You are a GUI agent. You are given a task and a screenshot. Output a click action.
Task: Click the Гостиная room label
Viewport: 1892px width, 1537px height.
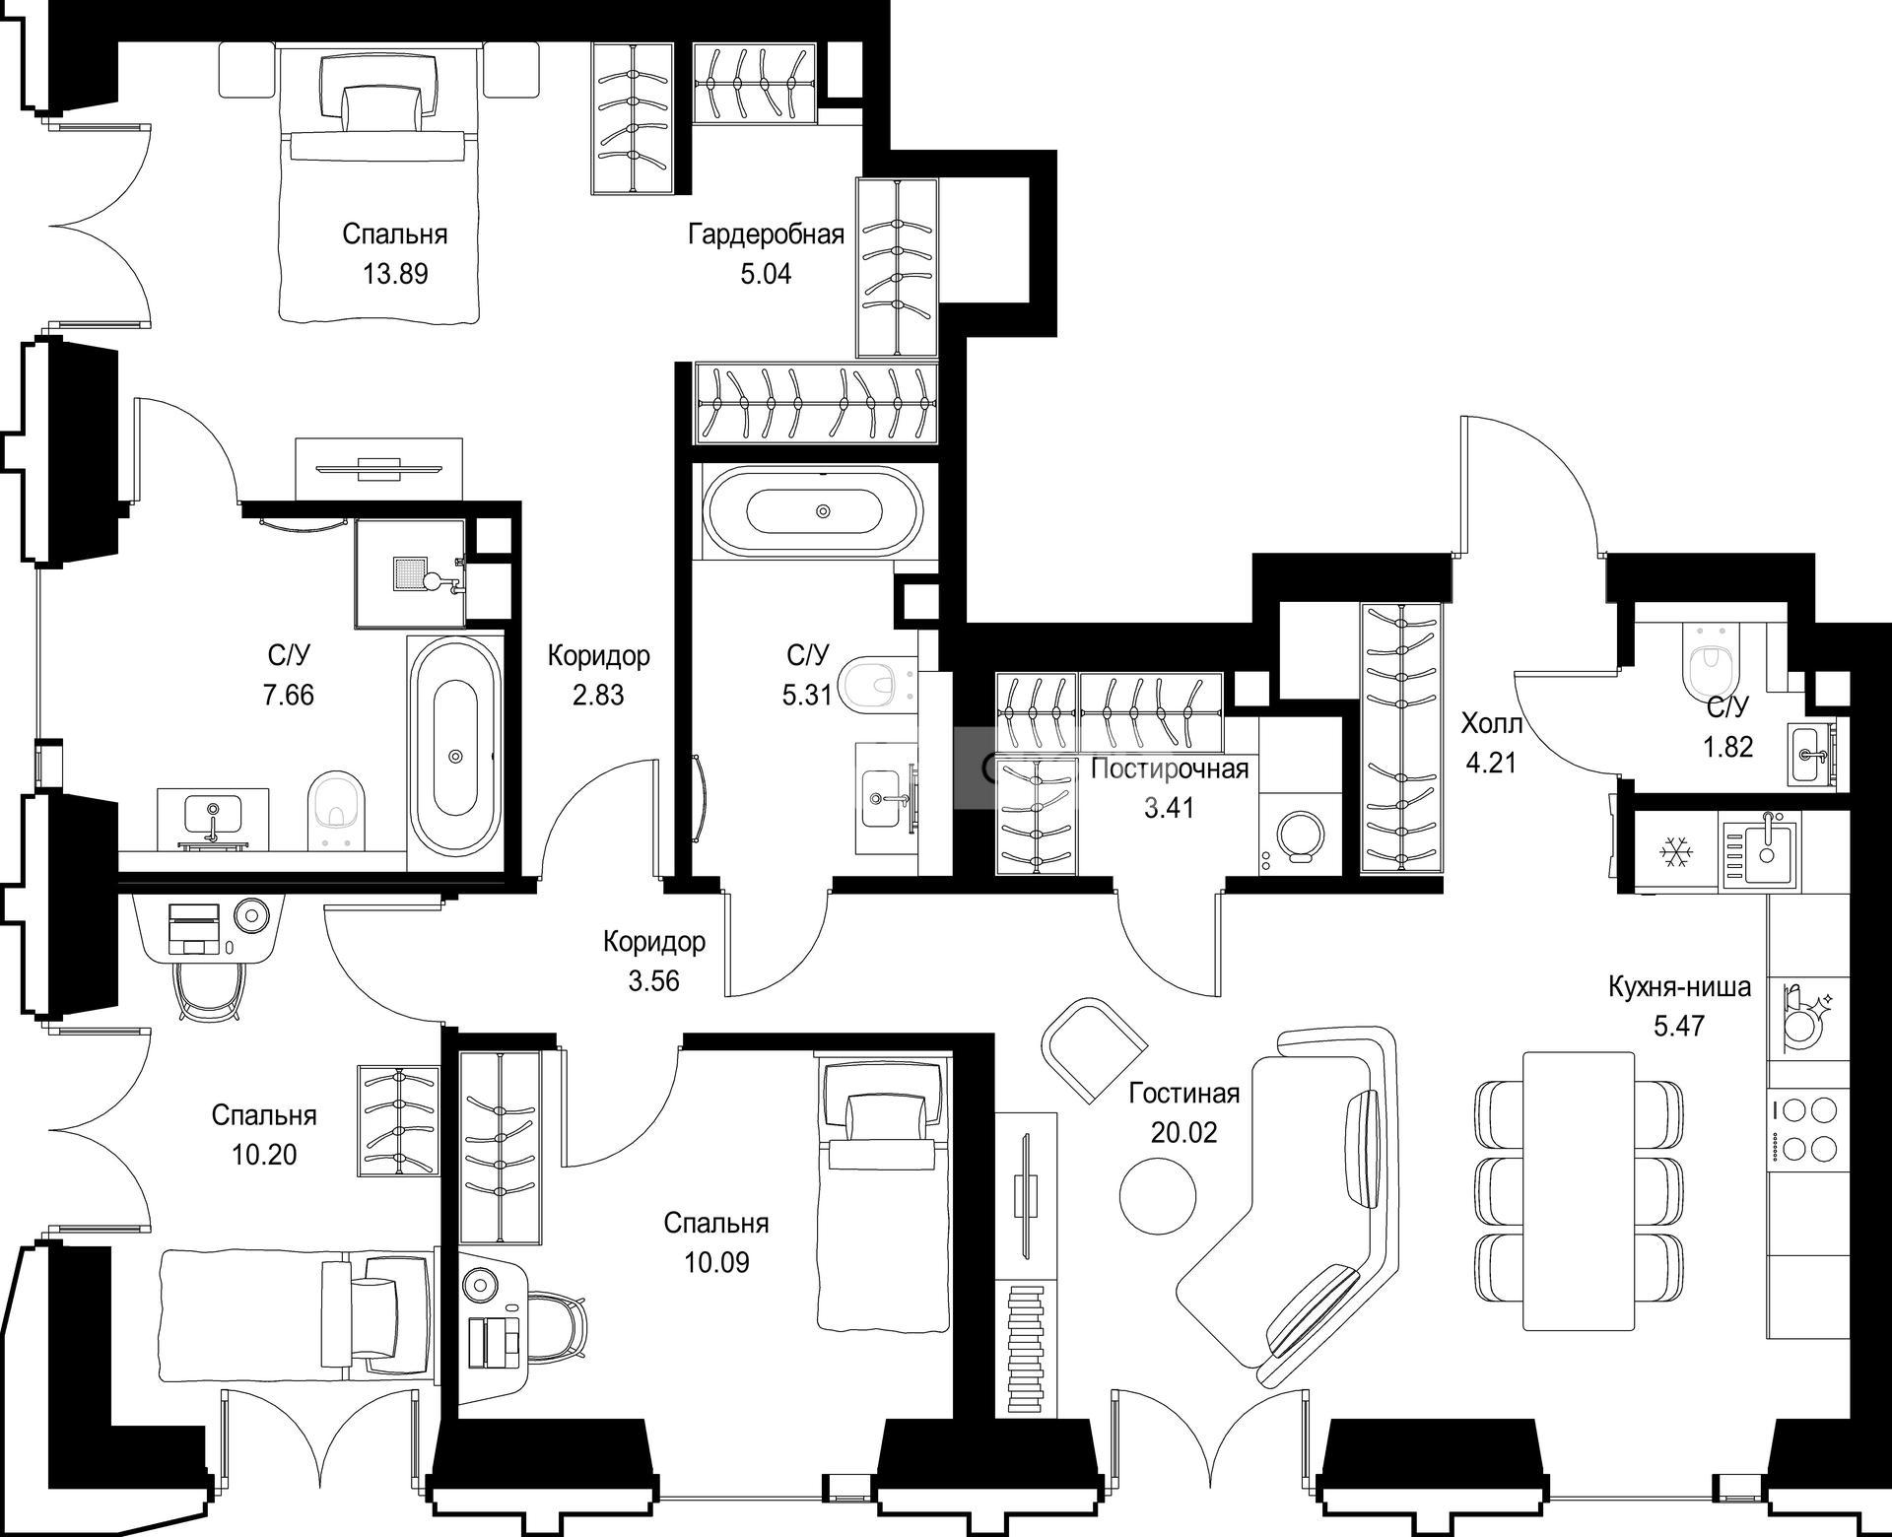[x=1183, y=1094]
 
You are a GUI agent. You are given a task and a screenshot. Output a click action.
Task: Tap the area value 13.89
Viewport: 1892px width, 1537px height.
[x=395, y=274]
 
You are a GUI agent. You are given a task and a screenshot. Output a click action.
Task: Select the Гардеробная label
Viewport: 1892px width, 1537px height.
[x=766, y=234]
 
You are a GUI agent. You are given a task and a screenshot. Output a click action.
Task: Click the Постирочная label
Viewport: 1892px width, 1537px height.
[x=1170, y=768]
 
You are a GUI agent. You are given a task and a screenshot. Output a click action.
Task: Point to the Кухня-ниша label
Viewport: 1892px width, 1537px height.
[x=1679, y=987]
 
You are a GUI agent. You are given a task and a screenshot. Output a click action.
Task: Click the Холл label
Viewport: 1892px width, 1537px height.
[x=1491, y=725]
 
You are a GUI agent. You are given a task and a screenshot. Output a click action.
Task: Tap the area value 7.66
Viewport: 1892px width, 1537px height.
[x=289, y=695]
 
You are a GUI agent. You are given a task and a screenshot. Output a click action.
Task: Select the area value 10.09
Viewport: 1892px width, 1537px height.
[x=716, y=1262]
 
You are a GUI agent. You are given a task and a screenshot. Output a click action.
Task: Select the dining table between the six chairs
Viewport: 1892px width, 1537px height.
[x=1579, y=1190]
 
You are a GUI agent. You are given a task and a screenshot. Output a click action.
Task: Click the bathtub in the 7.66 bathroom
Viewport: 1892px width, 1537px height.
[x=455, y=754]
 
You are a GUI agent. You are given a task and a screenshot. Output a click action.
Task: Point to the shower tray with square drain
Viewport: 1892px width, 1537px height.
[x=410, y=572]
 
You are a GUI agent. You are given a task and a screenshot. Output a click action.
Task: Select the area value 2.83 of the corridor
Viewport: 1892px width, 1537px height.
[x=598, y=695]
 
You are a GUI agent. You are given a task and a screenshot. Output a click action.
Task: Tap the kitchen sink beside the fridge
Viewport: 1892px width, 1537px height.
[x=1760, y=850]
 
